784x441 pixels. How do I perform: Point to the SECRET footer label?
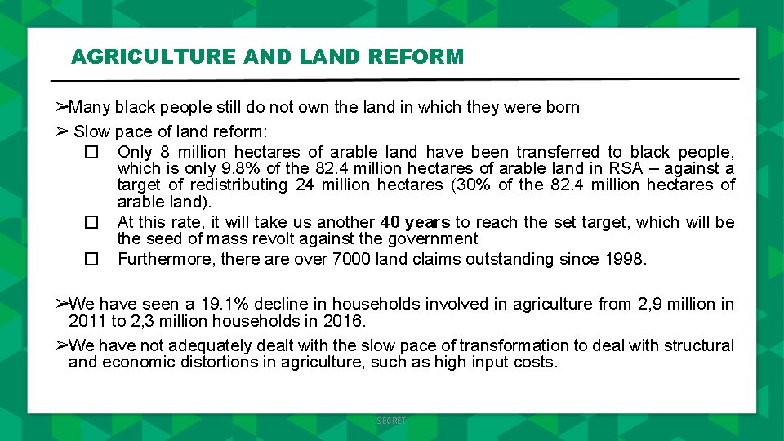[x=391, y=421]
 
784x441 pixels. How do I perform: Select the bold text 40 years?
[x=415, y=222]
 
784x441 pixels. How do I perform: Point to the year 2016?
[x=344, y=321]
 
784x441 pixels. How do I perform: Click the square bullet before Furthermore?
[x=91, y=260]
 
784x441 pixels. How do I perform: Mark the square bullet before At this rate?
[x=91, y=223]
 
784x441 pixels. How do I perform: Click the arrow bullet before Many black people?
[x=61, y=107]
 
